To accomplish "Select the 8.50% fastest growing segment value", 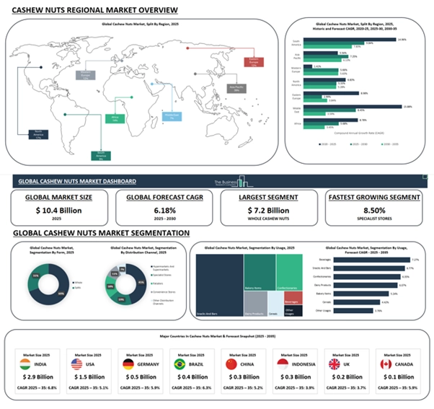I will pos(374,210).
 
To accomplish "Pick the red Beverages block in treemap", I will pos(291,301).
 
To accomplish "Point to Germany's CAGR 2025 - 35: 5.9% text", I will pos(141,390).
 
